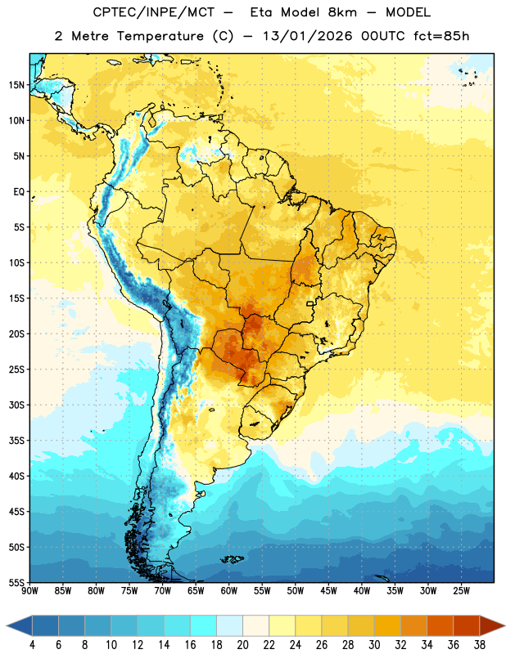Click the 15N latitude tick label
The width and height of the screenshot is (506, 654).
pyautogui.click(x=16, y=85)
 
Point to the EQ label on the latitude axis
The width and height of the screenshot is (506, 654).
pyautogui.click(x=19, y=192)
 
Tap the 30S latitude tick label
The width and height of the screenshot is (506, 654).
pyautogui.click(x=16, y=405)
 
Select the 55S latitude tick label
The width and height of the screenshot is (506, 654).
pyautogui.click(x=16, y=582)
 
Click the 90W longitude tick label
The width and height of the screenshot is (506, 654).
pyautogui.click(x=30, y=591)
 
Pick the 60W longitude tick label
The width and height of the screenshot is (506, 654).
pyautogui.click(x=229, y=591)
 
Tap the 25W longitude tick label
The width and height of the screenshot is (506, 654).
pyautogui.click(x=461, y=591)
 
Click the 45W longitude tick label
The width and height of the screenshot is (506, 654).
pyautogui.click(x=328, y=591)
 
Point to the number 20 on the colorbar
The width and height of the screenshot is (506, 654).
pyautogui.click(x=242, y=645)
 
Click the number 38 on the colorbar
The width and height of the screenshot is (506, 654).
pyautogui.click(x=480, y=645)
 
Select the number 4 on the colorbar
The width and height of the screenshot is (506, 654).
pyautogui.click(x=32, y=645)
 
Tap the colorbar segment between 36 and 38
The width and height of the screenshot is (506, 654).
pyautogui.click(x=467, y=626)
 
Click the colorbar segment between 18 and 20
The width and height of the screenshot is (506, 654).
pyautogui.click(x=229, y=626)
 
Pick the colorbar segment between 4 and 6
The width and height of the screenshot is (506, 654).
pyautogui.click(x=45, y=626)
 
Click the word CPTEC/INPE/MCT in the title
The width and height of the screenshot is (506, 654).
pyautogui.click(x=153, y=12)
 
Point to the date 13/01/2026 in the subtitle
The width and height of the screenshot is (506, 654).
pyautogui.click(x=308, y=36)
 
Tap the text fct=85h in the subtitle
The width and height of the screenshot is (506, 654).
pyautogui.click(x=441, y=36)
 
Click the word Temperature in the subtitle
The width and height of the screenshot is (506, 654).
pyautogui.click(x=160, y=36)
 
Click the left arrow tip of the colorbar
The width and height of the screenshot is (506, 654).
pyautogui.click(x=7, y=626)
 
